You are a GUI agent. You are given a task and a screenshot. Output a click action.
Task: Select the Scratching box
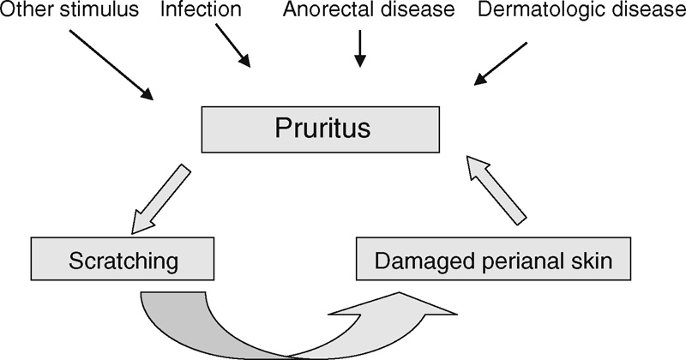click(120, 259)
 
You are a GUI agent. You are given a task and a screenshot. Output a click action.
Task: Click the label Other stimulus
click(69, 12)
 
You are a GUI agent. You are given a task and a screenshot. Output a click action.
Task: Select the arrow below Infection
click(232, 46)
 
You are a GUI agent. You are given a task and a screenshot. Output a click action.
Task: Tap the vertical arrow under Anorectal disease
click(360, 48)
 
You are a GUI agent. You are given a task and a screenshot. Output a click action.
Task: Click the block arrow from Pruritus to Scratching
click(162, 201)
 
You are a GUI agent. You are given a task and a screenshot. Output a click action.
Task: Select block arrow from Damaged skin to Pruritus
click(496, 190)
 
